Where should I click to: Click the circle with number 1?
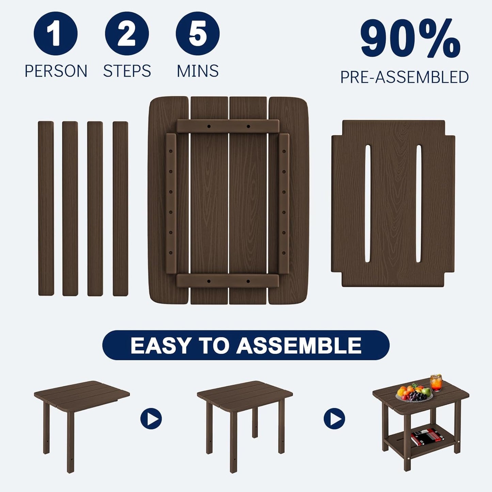(55, 33)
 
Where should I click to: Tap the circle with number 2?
(127, 33)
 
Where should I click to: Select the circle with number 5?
(197, 33)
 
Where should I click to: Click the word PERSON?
(56, 71)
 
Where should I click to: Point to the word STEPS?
(127, 71)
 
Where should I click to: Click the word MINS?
(197, 71)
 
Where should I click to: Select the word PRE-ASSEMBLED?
(404, 77)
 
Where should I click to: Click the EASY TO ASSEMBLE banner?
(246, 345)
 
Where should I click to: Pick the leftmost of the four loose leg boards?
(46, 208)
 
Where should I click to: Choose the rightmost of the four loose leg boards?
(121, 208)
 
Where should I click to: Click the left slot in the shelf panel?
(368, 204)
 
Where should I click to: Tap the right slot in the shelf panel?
(418, 204)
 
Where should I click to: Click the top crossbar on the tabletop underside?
(228, 126)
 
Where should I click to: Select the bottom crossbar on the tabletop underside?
(228, 281)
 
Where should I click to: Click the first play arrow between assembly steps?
(151, 418)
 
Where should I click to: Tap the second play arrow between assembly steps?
(334, 418)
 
